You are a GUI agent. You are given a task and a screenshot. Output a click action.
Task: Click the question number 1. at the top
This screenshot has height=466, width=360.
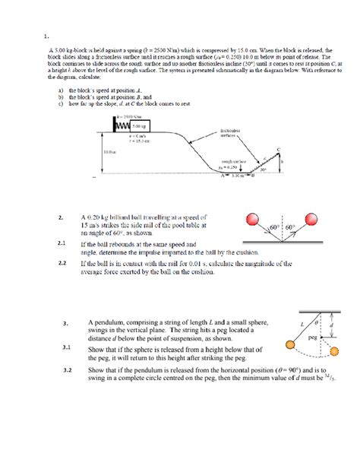pyautogui.click(x=46, y=34)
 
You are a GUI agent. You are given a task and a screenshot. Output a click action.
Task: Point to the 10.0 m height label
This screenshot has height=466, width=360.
pyautogui.click(x=109, y=151)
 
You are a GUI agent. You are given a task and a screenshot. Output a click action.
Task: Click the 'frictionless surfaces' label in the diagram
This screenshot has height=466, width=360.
pyautogui.click(x=230, y=135)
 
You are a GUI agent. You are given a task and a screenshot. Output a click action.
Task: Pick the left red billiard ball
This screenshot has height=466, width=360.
pyautogui.click(x=253, y=222)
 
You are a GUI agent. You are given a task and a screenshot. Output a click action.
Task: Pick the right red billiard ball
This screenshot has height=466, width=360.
pyautogui.click(x=313, y=223)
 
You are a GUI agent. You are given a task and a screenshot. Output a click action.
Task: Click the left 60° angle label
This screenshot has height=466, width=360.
pyautogui.click(x=274, y=227)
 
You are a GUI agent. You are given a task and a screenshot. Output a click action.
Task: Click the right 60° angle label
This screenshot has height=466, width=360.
pyautogui.click(x=292, y=227)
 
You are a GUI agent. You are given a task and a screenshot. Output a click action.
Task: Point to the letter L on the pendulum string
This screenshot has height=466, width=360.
pyautogui.click(x=301, y=325)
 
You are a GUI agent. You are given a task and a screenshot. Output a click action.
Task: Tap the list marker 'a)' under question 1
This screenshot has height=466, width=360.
pyautogui.click(x=50, y=90)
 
